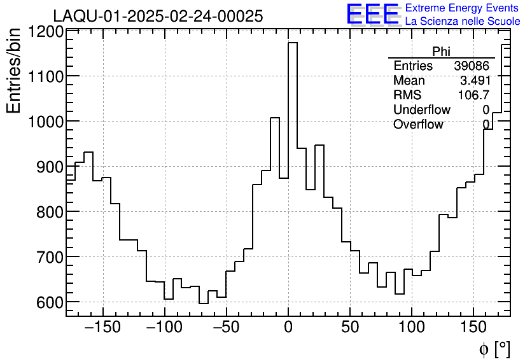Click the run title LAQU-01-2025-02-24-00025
(158, 17)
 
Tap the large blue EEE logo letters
(373, 14)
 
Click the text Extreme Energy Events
(462, 8)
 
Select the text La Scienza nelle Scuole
(463, 21)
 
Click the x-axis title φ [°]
(494, 349)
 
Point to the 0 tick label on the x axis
(288, 328)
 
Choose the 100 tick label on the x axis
(412, 328)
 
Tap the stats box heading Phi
(441, 52)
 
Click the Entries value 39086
(472, 66)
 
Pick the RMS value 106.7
(473, 95)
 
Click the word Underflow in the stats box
(422, 110)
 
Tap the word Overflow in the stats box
(418, 125)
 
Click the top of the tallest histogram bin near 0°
(293, 43)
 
